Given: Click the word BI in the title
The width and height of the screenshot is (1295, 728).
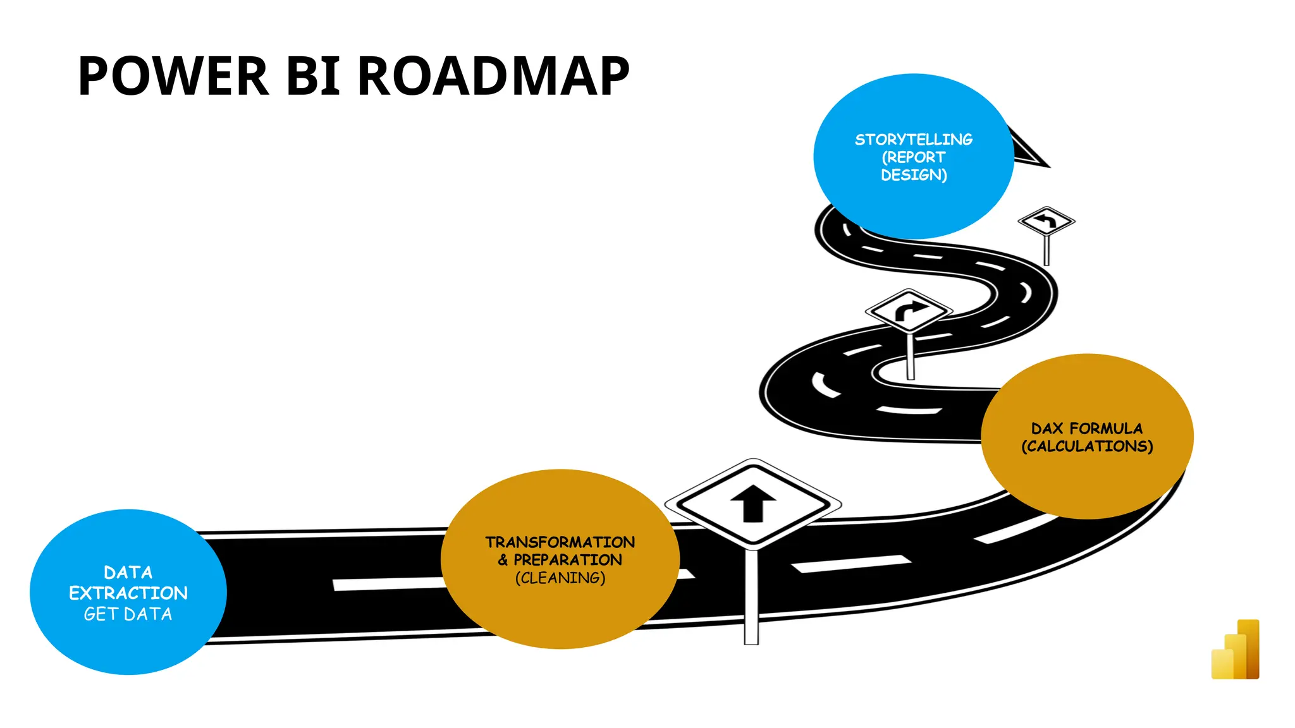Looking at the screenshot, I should [x=314, y=76].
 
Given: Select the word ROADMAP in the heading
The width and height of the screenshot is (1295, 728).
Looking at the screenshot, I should [x=493, y=76].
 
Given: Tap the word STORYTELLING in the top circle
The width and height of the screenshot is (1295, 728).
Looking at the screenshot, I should [x=914, y=140].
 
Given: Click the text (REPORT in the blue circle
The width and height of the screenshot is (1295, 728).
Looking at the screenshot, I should [x=914, y=157].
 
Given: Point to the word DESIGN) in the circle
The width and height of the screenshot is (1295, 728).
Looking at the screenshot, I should [x=914, y=175].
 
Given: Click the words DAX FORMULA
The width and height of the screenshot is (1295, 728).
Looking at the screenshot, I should [x=1086, y=428].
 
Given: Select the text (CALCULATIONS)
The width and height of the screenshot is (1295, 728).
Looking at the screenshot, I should [x=1086, y=446].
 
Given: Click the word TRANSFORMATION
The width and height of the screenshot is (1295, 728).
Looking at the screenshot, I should [x=560, y=542].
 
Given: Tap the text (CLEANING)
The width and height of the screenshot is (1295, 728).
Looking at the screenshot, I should [x=560, y=578].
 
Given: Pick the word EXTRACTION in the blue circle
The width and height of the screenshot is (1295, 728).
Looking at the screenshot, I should [x=128, y=593].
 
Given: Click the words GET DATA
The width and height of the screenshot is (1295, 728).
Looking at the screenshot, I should [x=128, y=614].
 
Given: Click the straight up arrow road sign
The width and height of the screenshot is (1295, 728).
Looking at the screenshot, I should [x=752, y=503].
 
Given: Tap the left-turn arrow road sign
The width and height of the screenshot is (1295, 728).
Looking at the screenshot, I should [x=1046, y=221].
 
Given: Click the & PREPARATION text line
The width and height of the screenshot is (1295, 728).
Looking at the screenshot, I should [x=560, y=560].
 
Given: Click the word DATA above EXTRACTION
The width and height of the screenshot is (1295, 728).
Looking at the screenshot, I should [x=128, y=573].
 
